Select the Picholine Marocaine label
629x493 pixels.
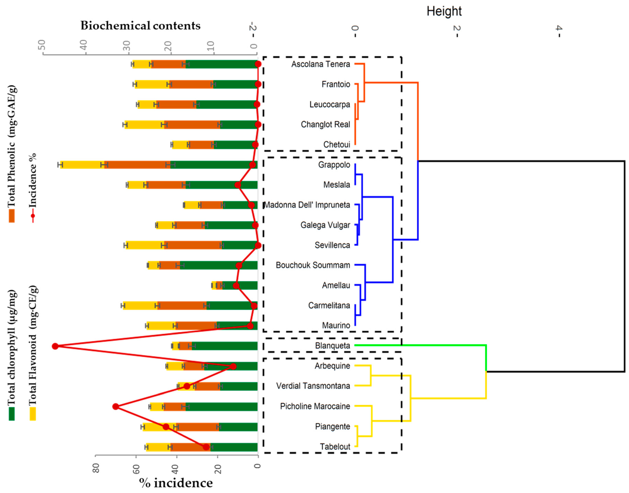(x=315, y=406)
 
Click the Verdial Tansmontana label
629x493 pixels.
(x=313, y=386)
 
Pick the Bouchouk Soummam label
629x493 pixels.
(x=313, y=265)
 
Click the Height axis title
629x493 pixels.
(x=444, y=12)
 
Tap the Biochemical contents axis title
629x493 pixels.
(x=140, y=26)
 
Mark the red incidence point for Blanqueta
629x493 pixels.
(x=55, y=346)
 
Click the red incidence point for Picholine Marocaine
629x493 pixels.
(x=116, y=406)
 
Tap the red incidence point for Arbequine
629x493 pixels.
(x=233, y=366)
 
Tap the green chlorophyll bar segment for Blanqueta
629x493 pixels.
(x=225, y=346)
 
